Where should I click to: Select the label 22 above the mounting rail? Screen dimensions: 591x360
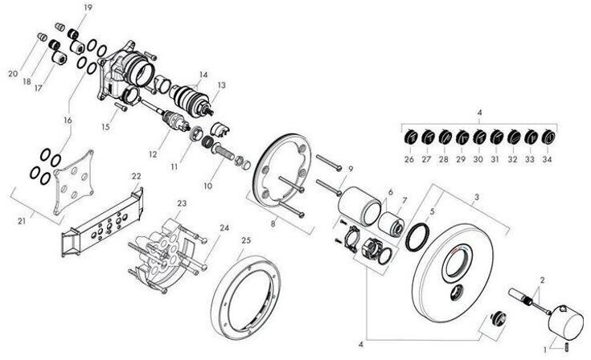pyautogui.click(x=136, y=176)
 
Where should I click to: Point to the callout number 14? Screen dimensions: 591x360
pyautogui.click(x=203, y=75)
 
